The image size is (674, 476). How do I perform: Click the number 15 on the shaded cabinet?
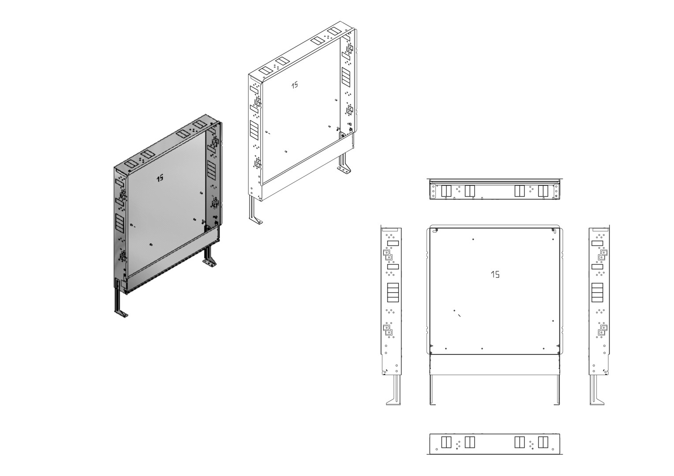(x=160, y=178)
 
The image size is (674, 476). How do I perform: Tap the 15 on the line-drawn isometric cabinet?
(x=295, y=85)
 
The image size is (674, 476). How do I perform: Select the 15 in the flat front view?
(x=495, y=274)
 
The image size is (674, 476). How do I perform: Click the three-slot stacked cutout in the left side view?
(x=393, y=293)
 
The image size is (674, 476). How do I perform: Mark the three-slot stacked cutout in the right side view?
(x=597, y=293)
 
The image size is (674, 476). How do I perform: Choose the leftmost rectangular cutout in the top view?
(x=446, y=191)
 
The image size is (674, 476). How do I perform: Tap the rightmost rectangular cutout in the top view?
(x=543, y=191)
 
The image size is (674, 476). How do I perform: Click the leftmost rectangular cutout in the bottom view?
(x=446, y=443)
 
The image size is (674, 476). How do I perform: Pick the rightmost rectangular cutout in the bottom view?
(x=543, y=443)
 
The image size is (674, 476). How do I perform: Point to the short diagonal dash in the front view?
(x=460, y=315)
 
